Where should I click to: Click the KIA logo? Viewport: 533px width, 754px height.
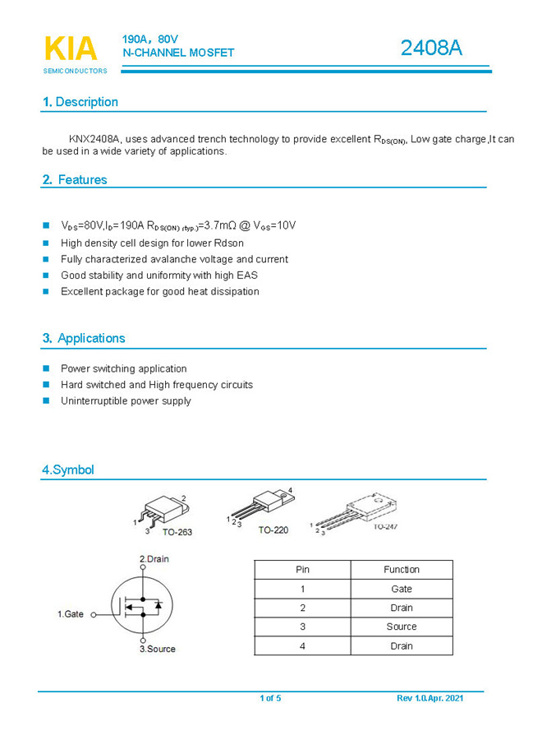71,49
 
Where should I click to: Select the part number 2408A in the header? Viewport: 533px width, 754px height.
431,49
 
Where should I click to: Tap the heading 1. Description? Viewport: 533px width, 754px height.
80,102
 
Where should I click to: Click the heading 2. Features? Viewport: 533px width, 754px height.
75,179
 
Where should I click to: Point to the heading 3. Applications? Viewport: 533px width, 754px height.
84,338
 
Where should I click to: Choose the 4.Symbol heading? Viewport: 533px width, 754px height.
68,470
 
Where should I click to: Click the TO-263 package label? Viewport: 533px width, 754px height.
177,532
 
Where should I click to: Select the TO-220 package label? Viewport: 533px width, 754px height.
273,530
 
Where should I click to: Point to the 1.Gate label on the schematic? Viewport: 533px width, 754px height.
71,614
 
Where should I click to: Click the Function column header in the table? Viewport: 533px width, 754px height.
401,570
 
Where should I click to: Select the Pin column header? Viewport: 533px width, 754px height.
302,570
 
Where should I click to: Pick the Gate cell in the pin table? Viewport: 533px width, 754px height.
401,589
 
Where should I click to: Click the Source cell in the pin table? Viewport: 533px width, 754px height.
401,627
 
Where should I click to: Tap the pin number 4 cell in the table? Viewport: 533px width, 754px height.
302,645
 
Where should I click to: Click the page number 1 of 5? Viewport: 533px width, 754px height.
270,698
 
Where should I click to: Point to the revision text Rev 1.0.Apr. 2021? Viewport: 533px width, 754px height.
430,698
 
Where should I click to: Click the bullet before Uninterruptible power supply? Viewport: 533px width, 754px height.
46,400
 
